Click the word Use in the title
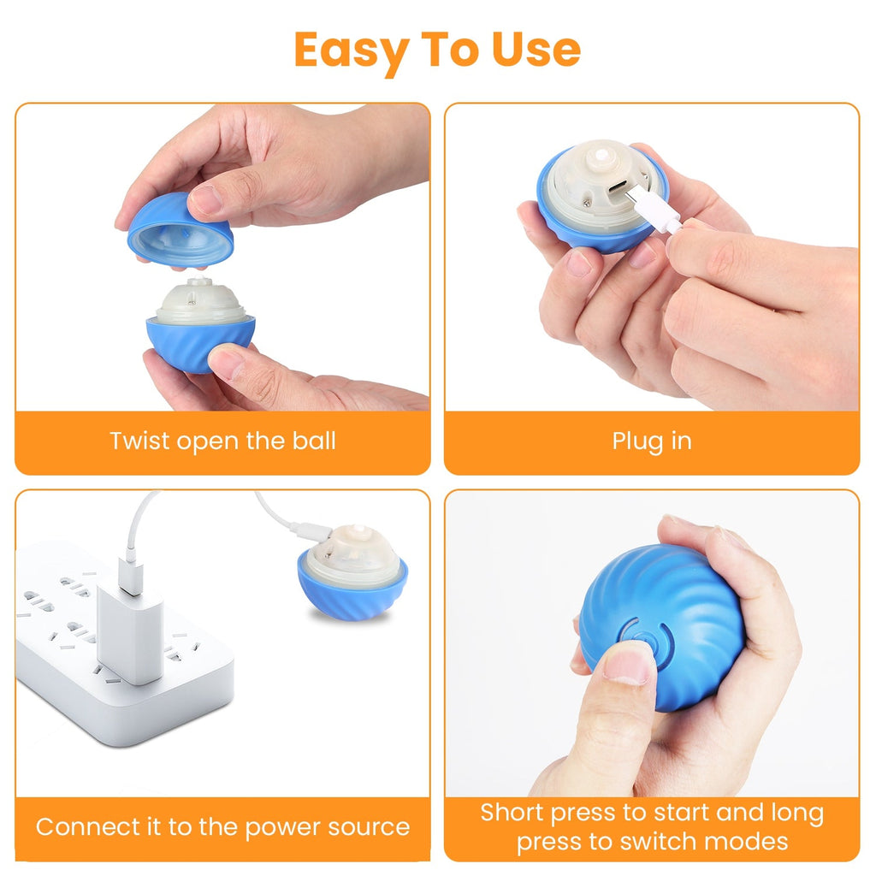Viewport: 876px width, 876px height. tap(536, 50)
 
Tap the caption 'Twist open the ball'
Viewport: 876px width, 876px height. tap(222, 441)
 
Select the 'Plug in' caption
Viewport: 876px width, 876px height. tap(652, 441)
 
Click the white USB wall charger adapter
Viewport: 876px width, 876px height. tap(129, 629)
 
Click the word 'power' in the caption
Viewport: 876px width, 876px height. tap(279, 828)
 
